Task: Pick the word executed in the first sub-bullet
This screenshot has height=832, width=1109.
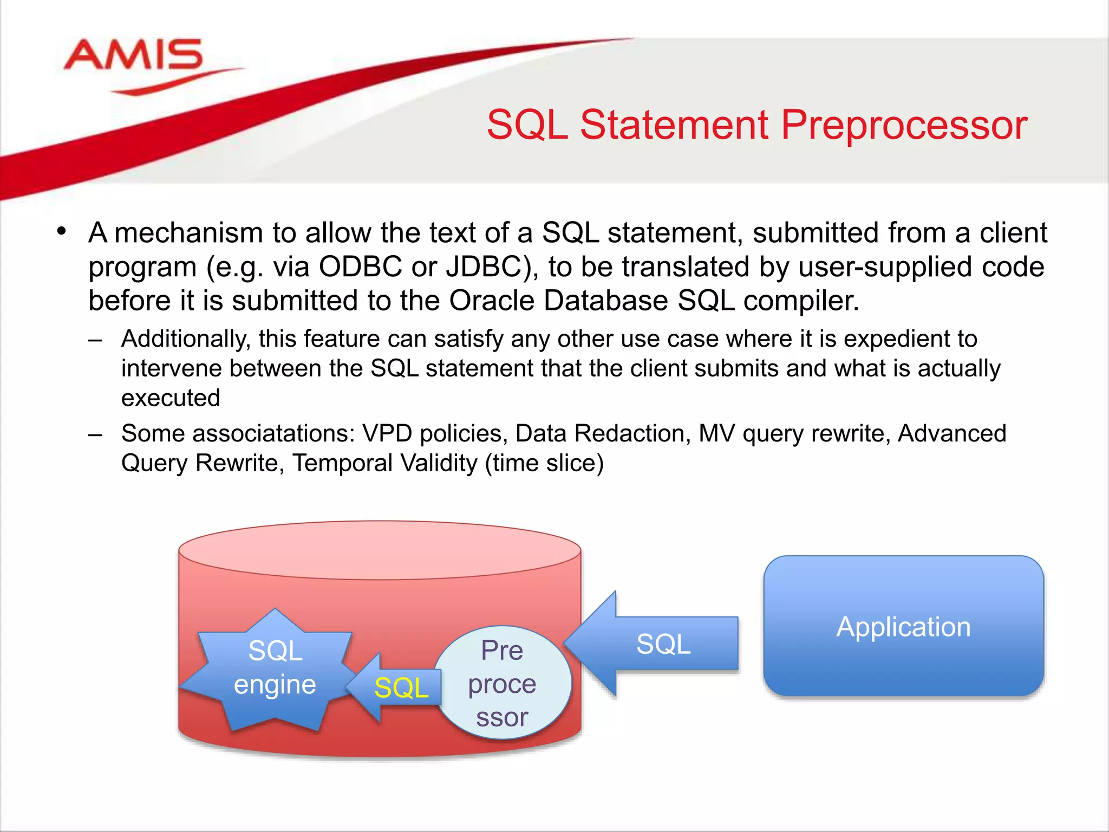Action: tap(171, 398)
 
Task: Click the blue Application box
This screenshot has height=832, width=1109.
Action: tap(903, 627)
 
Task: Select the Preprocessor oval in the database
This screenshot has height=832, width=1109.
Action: tap(502, 683)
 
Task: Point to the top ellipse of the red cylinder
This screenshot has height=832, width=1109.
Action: tap(380, 550)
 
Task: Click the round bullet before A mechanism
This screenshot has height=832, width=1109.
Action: tap(62, 232)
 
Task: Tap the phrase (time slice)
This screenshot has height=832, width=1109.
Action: tap(544, 464)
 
